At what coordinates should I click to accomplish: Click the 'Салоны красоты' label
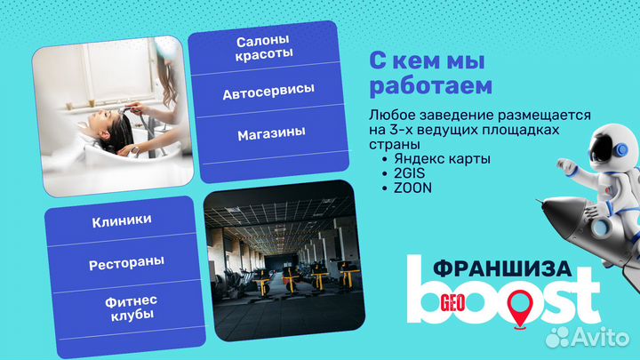[264, 49]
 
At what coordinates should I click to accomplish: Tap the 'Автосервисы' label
[268, 92]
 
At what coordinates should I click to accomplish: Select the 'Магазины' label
[271, 133]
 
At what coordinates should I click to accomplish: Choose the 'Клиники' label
[121, 220]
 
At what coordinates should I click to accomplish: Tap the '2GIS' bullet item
[406, 174]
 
